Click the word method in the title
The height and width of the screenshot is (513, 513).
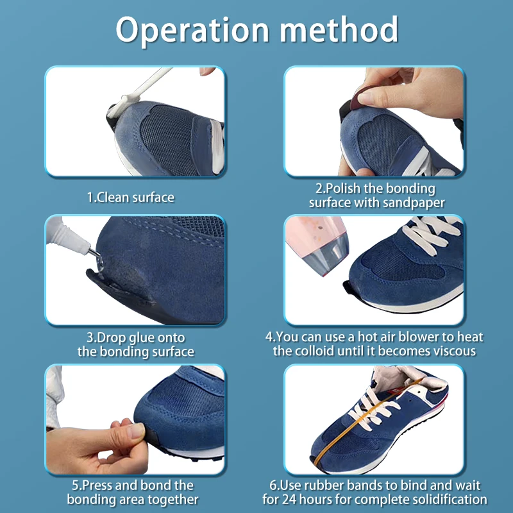(x=339, y=29)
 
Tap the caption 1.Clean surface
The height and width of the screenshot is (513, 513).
(x=131, y=198)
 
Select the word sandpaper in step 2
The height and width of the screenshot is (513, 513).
(x=414, y=203)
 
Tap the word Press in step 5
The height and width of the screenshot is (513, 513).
(x=97, y=485)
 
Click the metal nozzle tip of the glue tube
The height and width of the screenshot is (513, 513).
(x=95, y=253)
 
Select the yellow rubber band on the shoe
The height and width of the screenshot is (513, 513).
(x=366, y=422)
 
